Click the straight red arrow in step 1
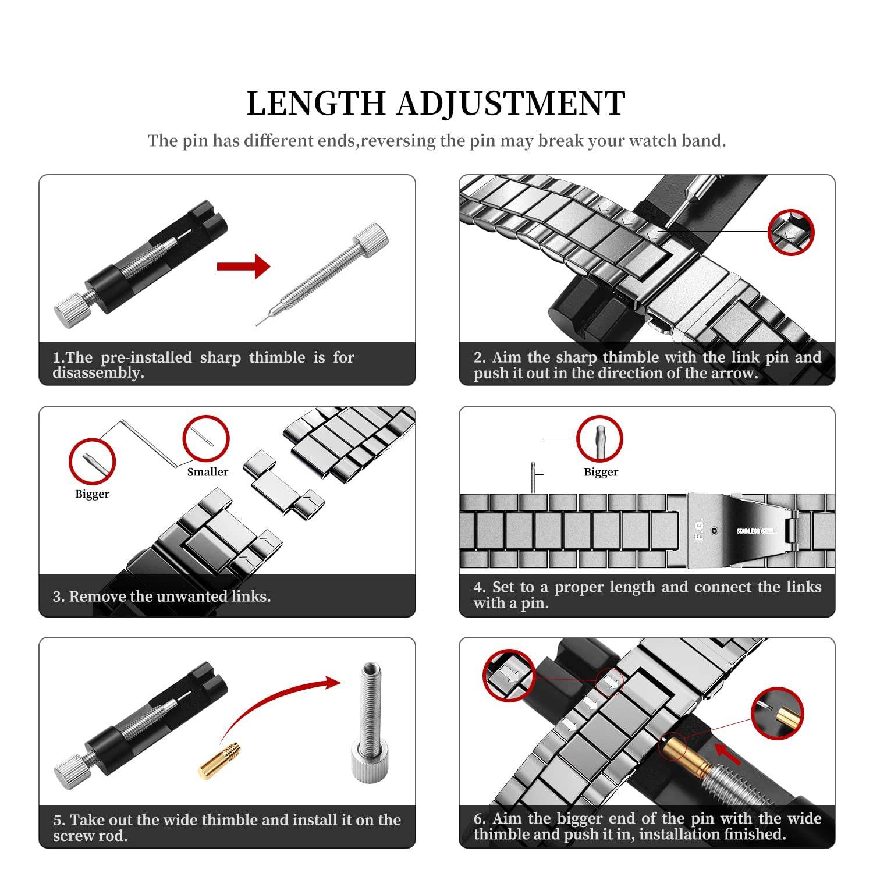243,267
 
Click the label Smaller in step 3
207,472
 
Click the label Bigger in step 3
92,494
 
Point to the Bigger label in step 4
601,472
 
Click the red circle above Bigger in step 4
599,439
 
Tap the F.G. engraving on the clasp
699,528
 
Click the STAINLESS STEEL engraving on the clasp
755,531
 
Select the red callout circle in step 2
790,232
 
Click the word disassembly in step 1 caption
98,373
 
